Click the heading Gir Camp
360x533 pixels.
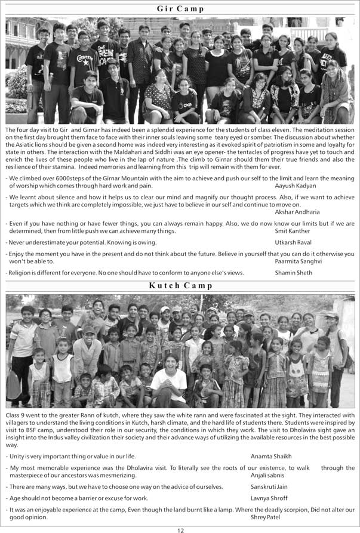180,8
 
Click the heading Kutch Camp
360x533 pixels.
180,285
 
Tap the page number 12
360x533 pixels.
180,529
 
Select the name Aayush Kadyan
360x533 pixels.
296,186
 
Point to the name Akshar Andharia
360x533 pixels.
297,212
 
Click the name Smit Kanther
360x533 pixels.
293,230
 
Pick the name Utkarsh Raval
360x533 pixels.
293,242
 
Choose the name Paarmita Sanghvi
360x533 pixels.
298,261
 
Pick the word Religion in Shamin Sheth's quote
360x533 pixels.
21,272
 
